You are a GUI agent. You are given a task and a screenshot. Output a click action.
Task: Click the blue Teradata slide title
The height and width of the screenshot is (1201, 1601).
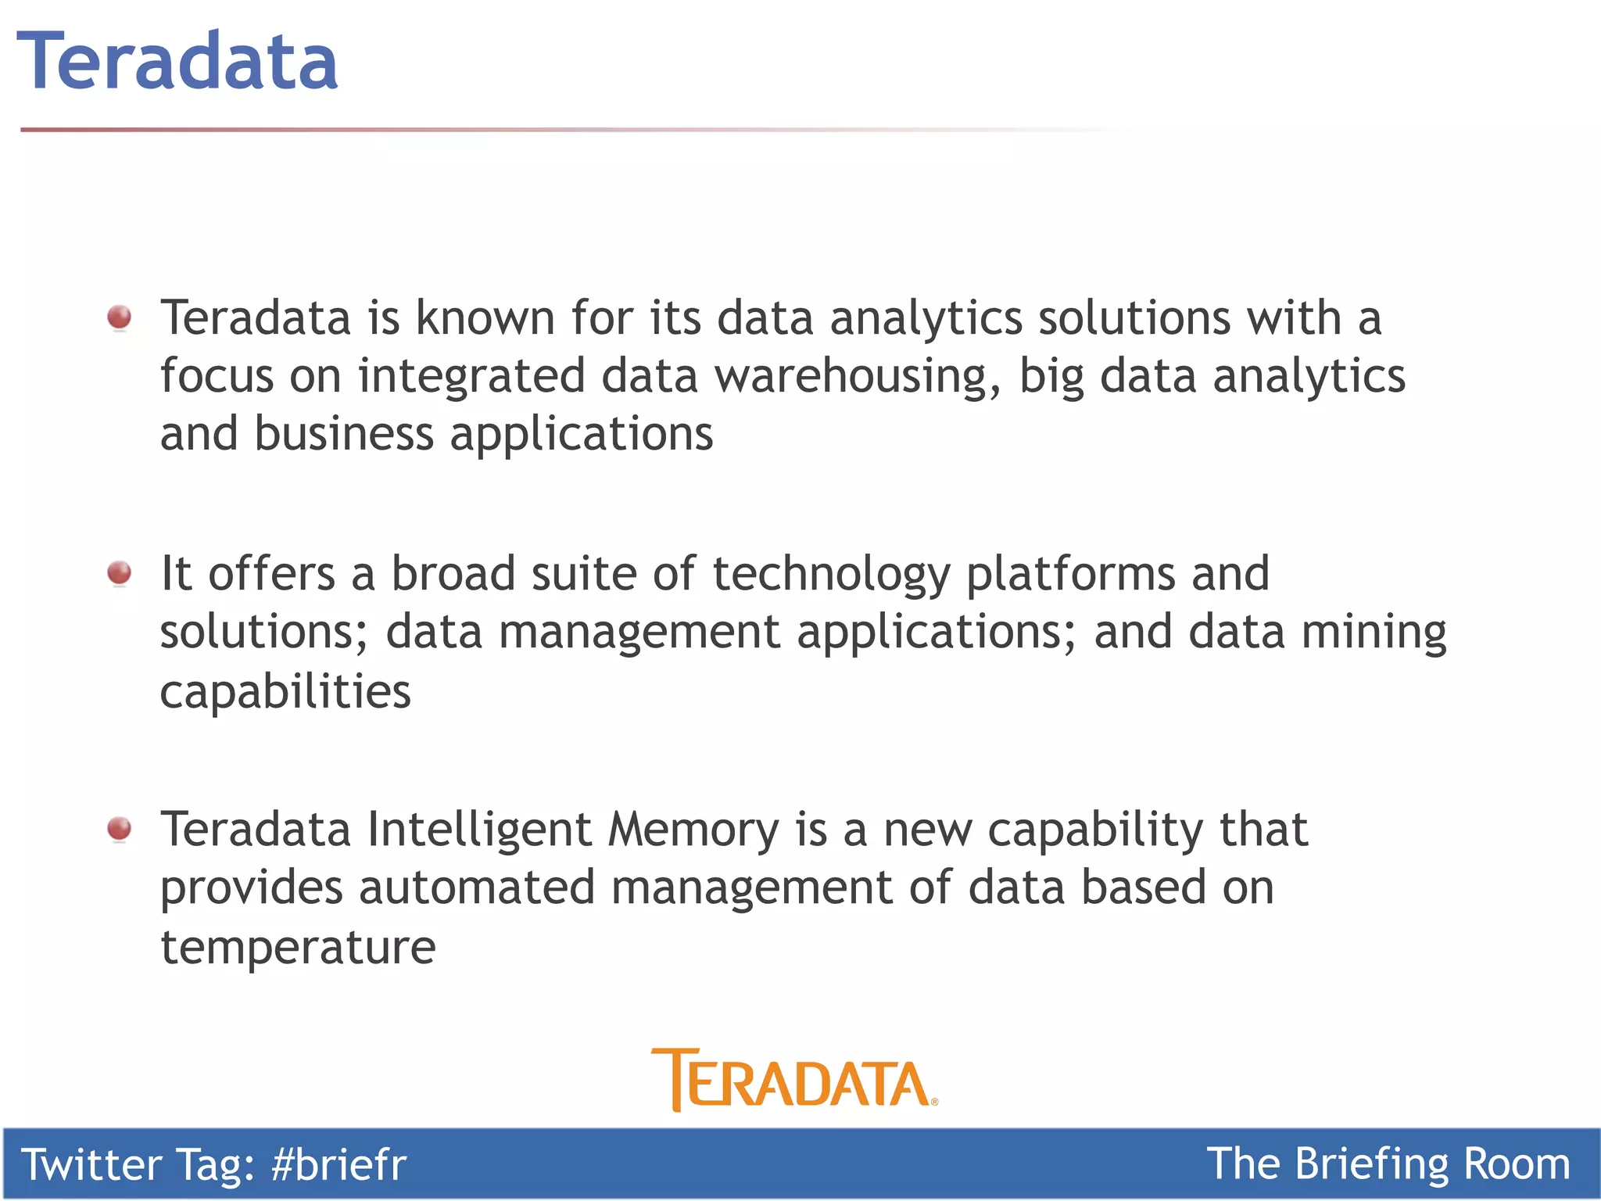coord(177,61)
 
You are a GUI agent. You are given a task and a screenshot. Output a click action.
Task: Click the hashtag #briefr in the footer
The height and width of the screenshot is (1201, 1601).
coord(338,1164)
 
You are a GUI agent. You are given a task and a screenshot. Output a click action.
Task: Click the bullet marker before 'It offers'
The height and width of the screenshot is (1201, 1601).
coord(120,573)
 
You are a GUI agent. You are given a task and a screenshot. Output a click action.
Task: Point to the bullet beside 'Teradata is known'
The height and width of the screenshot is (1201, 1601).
coord(120,317)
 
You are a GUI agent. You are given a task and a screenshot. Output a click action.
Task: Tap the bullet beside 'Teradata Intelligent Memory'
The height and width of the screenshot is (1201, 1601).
coord(120,829)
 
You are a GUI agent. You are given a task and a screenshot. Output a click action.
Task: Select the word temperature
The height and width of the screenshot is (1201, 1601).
coord(298,947)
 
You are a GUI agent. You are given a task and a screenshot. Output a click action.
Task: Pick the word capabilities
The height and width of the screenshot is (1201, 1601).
coord(285,691)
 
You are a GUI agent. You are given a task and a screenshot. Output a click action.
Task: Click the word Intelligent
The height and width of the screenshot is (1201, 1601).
coord(479,830)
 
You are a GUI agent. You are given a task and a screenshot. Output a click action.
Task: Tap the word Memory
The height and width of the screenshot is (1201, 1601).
coord(693,830)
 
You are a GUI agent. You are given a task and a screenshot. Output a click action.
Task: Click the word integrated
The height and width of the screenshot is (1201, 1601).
coord(471,376)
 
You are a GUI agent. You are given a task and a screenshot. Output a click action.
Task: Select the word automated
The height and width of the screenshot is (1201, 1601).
coord(477,888)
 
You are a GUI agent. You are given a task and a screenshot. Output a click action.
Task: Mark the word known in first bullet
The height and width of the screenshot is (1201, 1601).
coord(485,318)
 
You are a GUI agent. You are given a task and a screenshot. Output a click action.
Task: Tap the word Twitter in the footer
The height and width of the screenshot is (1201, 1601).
coord(91,1164)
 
